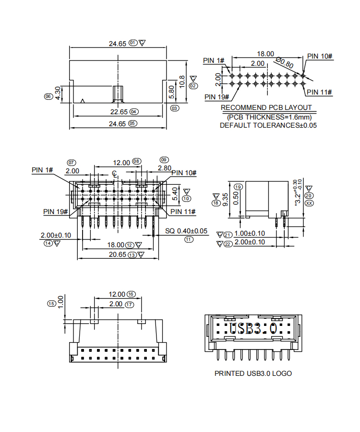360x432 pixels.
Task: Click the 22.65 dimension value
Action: tap(118, 112)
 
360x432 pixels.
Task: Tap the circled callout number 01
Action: tap(132, 43)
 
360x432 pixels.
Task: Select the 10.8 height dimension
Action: tap(181, 82)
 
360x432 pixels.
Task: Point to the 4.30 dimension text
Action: tap(58, 93)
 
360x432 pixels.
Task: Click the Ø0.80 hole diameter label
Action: tap(285, 62)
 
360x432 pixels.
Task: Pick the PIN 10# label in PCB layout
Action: tap(320, 57)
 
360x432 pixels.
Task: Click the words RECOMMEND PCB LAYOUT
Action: tap(266, 108)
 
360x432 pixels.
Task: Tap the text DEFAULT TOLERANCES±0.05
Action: tap(268, 125)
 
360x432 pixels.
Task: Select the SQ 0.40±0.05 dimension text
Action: tap(186, 231)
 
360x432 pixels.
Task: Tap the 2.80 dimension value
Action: tap(164, 168)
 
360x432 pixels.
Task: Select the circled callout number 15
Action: tap(51, 303)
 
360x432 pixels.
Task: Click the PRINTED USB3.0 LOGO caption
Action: tap(253, 373)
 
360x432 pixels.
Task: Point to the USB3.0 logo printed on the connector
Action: tap(252, 329)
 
